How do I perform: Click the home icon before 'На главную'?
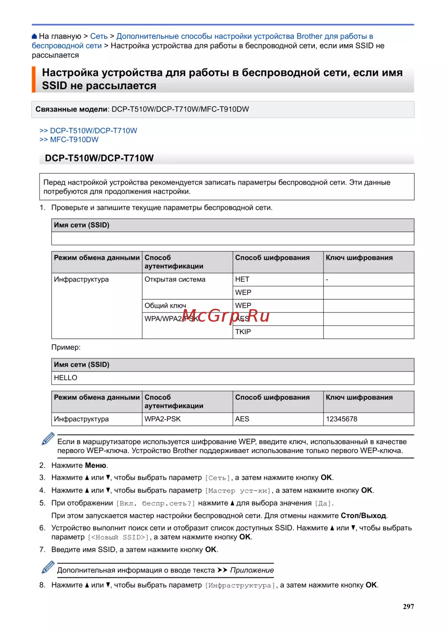pos(34,36)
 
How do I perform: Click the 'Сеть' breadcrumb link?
pos(99,36)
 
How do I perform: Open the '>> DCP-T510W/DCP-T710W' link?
pos(88,131)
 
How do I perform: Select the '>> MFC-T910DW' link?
pos(69,139)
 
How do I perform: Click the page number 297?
pos(408,606)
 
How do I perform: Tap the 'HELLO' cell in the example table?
pos(66,378)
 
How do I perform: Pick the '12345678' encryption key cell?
pos(342,419)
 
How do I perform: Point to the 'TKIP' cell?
pos(243,332)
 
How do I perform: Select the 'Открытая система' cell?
pos(175,279)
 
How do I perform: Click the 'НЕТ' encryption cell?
pos(242,279)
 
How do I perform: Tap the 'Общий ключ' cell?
pos(165,306)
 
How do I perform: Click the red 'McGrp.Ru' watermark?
pos(226,316)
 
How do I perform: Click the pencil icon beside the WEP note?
pos(48,439)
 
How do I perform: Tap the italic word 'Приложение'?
pos(252,570)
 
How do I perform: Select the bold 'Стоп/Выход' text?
pos(363,515)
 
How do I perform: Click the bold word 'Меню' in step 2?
pos(95,465)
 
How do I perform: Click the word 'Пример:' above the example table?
pos(66,347)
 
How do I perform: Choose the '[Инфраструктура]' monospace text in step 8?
pos(240,585)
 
